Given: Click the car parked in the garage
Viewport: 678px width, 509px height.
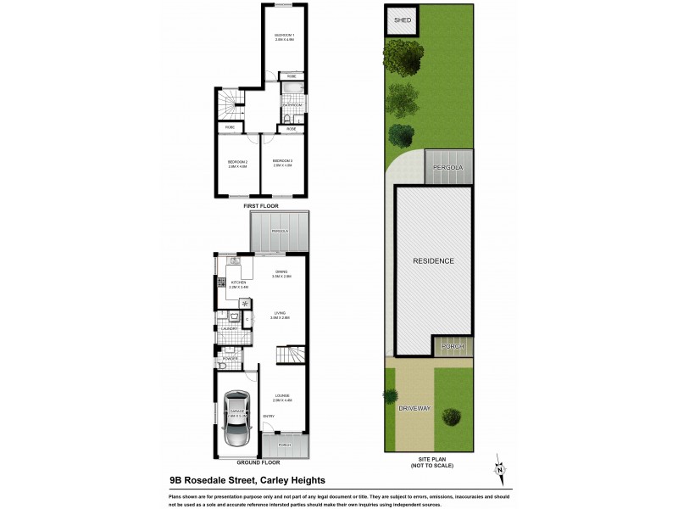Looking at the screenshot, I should pyautogui.click(x=235, y=418).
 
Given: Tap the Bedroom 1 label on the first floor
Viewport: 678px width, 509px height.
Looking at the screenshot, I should pyautogui.click(x=283, y=35).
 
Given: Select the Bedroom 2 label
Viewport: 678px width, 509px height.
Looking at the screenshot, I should pyautogui.click(x=236, y=161).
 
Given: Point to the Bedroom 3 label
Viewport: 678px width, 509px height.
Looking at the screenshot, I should pyautogui.click(x=282, y=160).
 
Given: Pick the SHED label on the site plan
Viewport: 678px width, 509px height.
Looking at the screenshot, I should pyautogui.click(x=403, y=20).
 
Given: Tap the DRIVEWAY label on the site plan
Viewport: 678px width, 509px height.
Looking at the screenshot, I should pyautogui.click(x=414, y=409).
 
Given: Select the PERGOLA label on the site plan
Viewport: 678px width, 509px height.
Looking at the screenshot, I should pyautogui.click(x=450, y=168).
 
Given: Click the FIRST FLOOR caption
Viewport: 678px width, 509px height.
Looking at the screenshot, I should pyautogui.click(x=261, y=206).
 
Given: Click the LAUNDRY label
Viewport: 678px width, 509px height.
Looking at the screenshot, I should pyautogui.click(x=228, y=327).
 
